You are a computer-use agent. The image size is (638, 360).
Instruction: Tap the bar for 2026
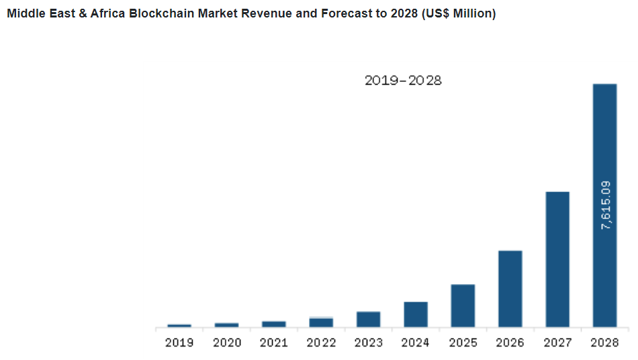pyautogui.click(x=510, y=289)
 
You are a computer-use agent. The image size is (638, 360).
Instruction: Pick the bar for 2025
pyautogui.click(x=463, y=306)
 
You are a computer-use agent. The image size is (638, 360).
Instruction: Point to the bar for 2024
pyautogui.click(x=416, y=314)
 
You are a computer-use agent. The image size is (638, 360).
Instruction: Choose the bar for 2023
pyautogui.click(x=368, y=319)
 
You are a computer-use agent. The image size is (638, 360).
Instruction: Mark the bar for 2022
pyautogui.click(x=321, y=322)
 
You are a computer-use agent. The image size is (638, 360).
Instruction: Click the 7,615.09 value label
pyautogui.click(x=606, y=206)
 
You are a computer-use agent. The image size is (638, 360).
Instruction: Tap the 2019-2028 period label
pyautogui.click(x=403, y=81)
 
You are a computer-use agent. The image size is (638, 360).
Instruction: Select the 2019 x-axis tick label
pyautogui.click(x=179, y=343)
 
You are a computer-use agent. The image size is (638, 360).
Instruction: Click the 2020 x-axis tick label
pyautogui.click(x=227, y=343)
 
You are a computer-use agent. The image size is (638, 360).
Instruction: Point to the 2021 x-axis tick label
pyautogui.click(x=274, y=343)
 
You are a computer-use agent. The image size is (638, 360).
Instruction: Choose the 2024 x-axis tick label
pyautogui.click(x=416, y=343)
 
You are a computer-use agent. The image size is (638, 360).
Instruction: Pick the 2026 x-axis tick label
pyautogui.click(x=510, y=343)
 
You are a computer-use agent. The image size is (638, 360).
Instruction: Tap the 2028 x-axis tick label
pyautogui.click(x=604, y=343)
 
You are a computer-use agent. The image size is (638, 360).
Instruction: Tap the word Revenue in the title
pyautogui.click(x=264, y=13)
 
